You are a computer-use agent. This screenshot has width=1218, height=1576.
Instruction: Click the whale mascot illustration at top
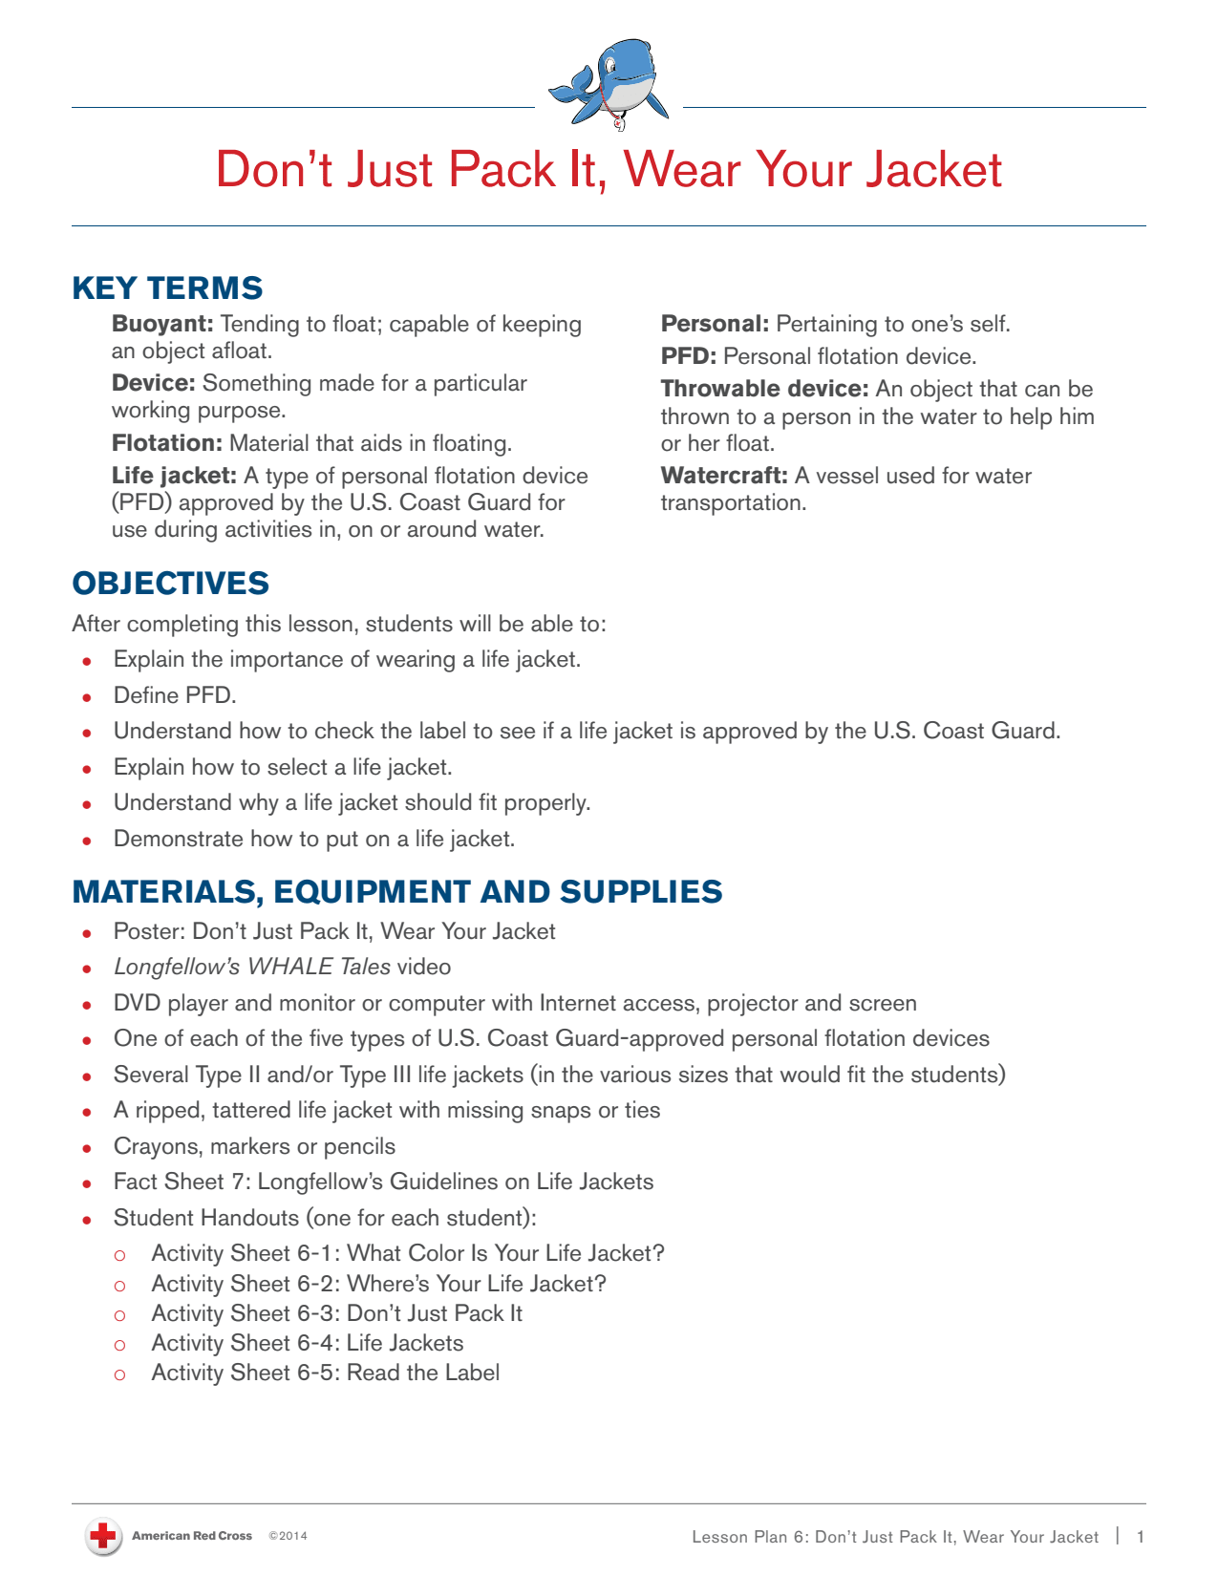click(x=609, y=84)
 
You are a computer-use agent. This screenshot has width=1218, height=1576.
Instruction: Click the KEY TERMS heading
click(x=167, y=288)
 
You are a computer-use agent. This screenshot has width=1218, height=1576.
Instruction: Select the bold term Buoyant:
click(x=162, y=325)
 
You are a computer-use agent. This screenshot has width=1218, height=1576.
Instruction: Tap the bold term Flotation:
click(x=167, y=444)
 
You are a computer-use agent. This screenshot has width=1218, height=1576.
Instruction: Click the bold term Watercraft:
click(x=724, y=477)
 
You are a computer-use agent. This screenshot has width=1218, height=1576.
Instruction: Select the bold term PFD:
click(x=688, y=357)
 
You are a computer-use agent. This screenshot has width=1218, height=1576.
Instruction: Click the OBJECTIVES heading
click(x=170, y=584)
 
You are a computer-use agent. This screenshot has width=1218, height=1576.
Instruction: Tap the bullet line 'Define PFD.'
click(x=175, y=695)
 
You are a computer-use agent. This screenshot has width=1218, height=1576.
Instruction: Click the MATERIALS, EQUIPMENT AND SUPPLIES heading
click(x=397, y=892)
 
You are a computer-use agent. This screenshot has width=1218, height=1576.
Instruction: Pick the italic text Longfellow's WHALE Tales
click(x=252, y=968)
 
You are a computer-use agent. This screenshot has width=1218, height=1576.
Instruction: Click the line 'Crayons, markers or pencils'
click(x=254, y=1146)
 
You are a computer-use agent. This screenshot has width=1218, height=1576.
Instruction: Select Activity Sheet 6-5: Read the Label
click(x=325, y=1374)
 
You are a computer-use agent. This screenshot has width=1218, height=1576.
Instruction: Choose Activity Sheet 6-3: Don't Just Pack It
click(x=336, y=1314)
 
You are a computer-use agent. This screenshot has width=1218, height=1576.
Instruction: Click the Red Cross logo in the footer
click(x=102, y=1537)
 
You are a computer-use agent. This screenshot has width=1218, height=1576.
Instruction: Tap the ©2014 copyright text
click(x=288, y=1537)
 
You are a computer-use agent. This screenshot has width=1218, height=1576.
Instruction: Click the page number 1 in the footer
click(x=1140, y=1537)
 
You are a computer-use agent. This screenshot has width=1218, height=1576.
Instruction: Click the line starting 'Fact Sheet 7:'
click(x=383, y=1182)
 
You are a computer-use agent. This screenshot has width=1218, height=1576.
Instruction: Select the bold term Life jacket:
click(x=174, y=477)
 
